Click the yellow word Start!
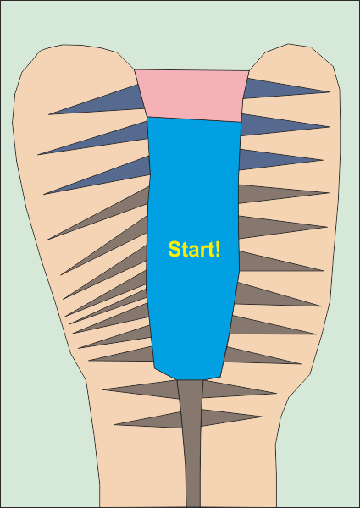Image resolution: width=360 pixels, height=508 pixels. click(x=194, y=249)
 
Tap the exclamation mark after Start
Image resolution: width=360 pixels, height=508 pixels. click(x=218, y=249)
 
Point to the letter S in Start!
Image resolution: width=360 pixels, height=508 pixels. click(x=174, y=249)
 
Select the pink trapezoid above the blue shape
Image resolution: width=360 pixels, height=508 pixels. click(x=192, y=95)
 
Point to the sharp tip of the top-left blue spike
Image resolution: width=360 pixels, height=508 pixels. click(x=49, y=114)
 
